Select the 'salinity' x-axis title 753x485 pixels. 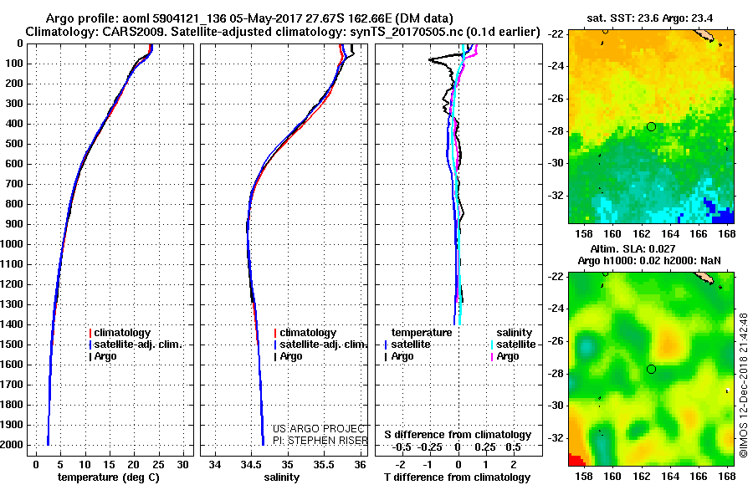(279, 477)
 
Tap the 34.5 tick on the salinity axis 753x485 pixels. (251, 464)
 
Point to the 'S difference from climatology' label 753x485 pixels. (458, 435)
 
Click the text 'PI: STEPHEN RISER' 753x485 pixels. (318, 441)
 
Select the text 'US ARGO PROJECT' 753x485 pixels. (315, 429)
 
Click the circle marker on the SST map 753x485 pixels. (651, 126)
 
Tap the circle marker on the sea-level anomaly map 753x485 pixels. (651, 369)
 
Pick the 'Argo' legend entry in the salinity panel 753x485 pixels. (290, 356)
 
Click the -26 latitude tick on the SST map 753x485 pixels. (556, 99)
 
